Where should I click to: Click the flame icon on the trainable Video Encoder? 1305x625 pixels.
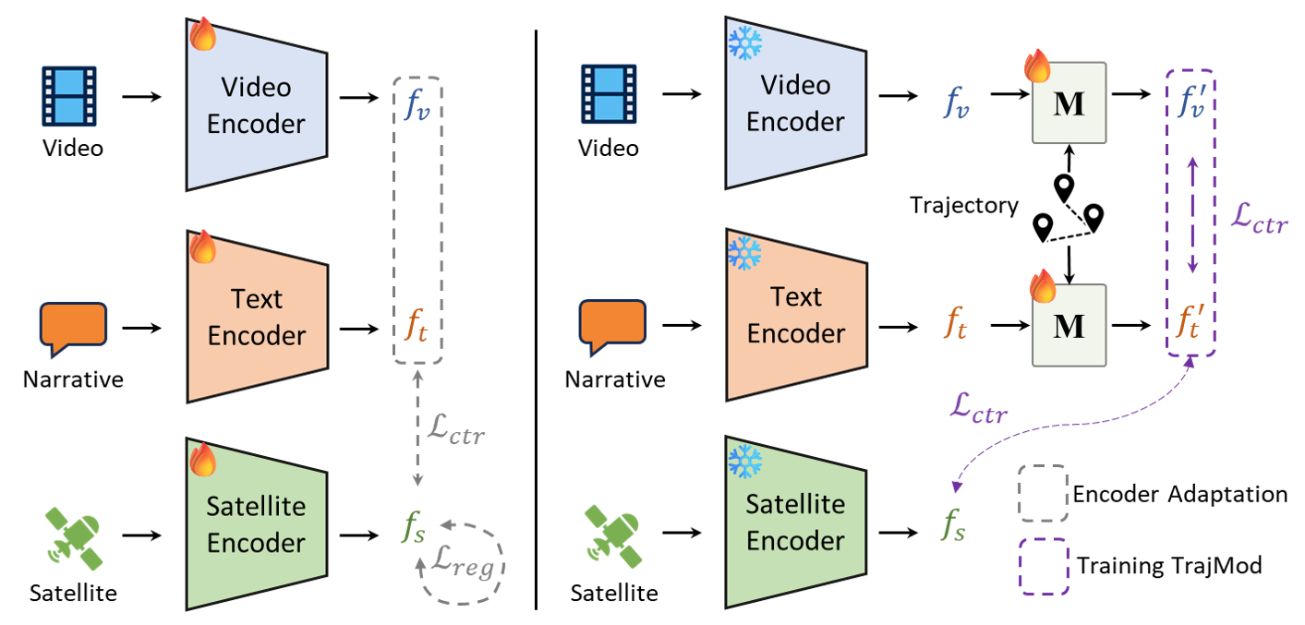click(203, 34)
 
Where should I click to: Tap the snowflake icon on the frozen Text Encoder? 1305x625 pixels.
click(744, 253)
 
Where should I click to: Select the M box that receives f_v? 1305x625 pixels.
click(1069, 103)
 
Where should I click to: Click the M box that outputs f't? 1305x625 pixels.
click(1069, 325)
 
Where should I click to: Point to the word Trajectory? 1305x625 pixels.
click(964, 206)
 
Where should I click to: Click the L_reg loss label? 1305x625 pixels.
click(464, 562)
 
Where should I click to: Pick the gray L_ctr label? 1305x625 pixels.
click(455, 430)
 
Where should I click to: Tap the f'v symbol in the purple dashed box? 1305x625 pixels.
click(1190, 101)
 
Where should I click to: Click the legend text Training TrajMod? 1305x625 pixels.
click(1169, 566)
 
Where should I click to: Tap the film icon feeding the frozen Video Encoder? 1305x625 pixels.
click(609, 94)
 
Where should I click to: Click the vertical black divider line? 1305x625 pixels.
click(536, 320)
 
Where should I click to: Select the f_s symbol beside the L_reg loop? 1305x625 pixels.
click(414, 527)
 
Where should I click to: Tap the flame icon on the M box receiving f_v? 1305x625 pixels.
click(1037, 66)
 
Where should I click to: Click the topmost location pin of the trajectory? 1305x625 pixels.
click(1064, 187)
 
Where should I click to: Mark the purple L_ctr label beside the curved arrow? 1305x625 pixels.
click(979, 408)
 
